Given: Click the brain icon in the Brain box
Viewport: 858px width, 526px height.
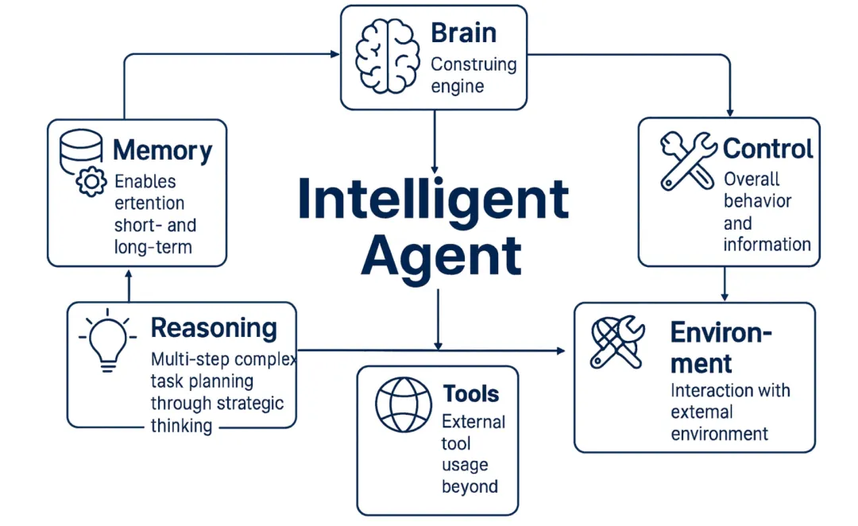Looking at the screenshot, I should click(385, 56).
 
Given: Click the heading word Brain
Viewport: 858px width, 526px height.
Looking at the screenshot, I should click(463, 33).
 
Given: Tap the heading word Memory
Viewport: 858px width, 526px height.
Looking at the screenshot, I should click(162, 151).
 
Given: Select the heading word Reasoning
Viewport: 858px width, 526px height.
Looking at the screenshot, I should click(214, 327).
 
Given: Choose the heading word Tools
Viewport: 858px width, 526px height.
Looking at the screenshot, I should click(470, 393).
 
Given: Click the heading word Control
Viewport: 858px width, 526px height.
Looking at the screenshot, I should click(767, 149).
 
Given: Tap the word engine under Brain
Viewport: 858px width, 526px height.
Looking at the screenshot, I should click(457, 86).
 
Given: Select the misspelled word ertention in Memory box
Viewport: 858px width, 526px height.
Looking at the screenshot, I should click(149, 203).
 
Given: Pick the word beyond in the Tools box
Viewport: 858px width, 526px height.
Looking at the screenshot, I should click(470, 486).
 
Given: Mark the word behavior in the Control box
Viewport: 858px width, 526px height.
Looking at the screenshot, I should click(757, 201).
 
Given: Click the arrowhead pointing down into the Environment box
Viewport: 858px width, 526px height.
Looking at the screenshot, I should click(725, 298).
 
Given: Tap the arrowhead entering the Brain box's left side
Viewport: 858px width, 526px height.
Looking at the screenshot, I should click(335, 54).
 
